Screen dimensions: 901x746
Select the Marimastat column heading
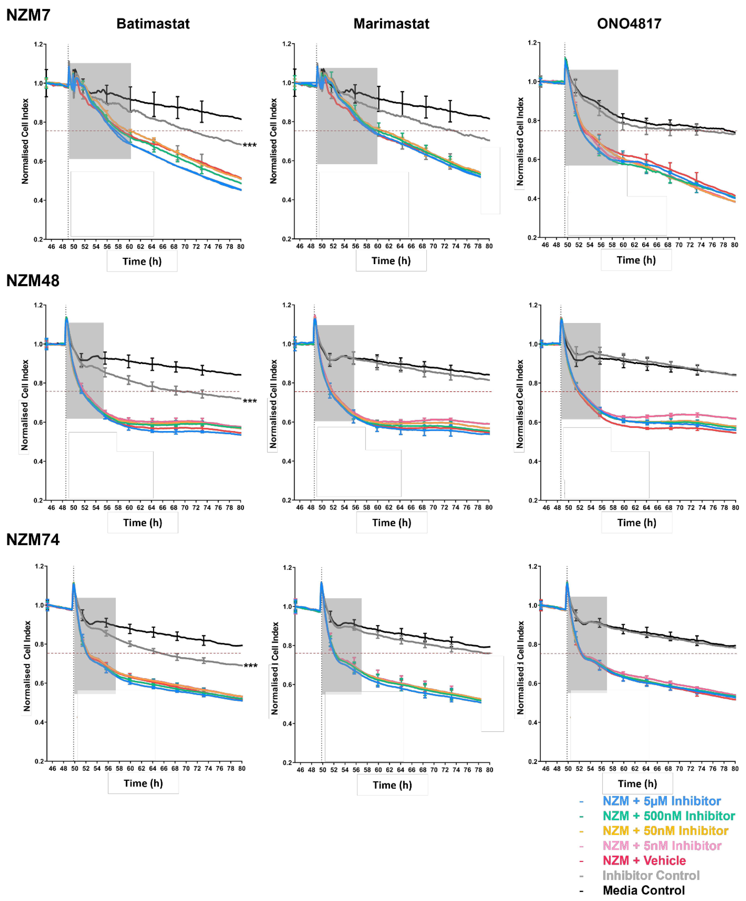pos(391,24)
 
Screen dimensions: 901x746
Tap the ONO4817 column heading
pos(629,24)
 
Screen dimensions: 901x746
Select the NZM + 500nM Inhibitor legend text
pos(668,816)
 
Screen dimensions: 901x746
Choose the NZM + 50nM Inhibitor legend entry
pos(665,831)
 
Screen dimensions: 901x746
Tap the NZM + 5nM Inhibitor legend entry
pos(661,846)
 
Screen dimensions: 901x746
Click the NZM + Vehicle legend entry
pos(644,860)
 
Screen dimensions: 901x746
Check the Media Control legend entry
pos(644,890)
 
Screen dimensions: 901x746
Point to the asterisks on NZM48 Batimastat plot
pos(250,401)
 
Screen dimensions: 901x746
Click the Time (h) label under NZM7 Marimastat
pos(391,261)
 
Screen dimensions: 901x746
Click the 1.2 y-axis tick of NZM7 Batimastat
pos(39,44)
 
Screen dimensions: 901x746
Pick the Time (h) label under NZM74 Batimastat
pos(143,783)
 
